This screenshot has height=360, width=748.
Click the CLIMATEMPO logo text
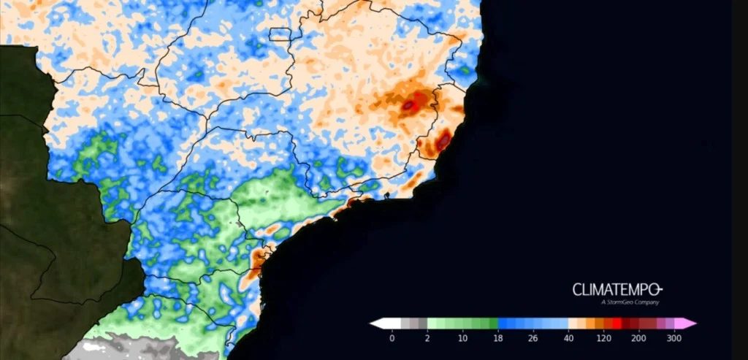click(x=617, y=289)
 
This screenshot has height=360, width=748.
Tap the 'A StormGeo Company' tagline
click(x=630, y=302)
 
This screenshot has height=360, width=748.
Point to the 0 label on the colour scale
click(x=392, y=339)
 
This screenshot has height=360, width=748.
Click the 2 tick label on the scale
click(x=427, y=339)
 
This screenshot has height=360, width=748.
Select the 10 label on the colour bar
click(x=462, y=339)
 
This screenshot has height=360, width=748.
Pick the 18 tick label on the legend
click(x=498, y=339)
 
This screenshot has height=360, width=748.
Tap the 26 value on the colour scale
click(x=534, y=339)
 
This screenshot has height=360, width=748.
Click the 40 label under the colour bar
click(x=569, y=339)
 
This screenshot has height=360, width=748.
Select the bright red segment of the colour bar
click(x=617, y=323)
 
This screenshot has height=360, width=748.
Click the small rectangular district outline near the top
click(x=280, y=34)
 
